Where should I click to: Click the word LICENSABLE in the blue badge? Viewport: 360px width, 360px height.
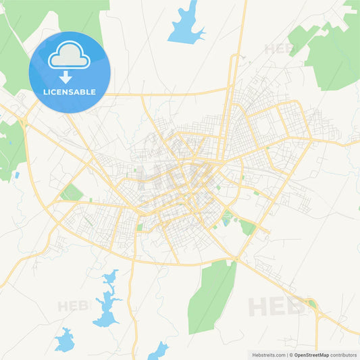[70, 92]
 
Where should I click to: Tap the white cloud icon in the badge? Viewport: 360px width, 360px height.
[70, 56]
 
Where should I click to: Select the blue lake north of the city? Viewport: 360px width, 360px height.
[185, 26]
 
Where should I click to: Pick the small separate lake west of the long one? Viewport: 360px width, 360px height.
[65, 340]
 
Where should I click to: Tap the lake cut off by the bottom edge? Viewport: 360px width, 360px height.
[159, 351]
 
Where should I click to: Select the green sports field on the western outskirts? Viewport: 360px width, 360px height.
[71, 193]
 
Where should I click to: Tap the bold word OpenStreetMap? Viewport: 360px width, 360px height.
[311, 355]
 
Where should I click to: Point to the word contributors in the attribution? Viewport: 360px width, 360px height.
[343, 355]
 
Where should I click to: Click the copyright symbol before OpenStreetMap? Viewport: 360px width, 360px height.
[292, 355]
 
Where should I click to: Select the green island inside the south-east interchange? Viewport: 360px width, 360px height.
[312, 305]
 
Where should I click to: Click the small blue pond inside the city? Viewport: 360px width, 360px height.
[226, 221]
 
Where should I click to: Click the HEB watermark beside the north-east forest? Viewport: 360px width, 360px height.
[279, 49]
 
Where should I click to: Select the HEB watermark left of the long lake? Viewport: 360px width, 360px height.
[74, 305]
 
